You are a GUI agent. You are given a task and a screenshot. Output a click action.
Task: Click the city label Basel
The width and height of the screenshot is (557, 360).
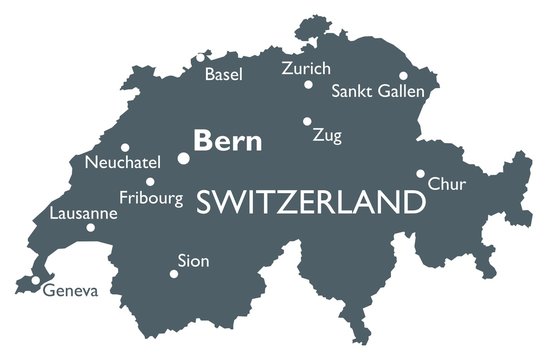point(224,74)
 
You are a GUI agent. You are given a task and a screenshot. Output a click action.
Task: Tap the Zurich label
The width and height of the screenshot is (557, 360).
point(306,68)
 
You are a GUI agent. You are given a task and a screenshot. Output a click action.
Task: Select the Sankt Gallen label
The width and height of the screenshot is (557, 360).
point(378,91)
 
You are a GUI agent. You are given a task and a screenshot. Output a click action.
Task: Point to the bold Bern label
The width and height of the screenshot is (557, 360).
point(228,141)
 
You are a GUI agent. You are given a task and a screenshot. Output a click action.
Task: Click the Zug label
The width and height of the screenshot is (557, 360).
point(327,135)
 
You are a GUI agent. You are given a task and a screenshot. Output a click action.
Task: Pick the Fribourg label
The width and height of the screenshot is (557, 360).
point(151,198)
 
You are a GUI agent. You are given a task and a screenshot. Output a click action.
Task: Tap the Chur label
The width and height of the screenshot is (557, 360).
point(446,184)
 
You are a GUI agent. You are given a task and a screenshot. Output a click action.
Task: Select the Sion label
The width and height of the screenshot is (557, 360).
point(193,261)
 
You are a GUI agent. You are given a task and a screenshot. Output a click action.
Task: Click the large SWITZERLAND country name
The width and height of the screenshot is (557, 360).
point(310,203)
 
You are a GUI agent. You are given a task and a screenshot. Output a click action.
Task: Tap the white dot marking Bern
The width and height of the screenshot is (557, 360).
point(183,158)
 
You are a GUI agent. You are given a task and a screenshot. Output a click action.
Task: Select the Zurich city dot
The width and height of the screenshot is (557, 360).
point(310,84)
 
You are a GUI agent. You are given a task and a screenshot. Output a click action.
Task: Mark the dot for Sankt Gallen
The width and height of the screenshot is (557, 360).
point(404,75)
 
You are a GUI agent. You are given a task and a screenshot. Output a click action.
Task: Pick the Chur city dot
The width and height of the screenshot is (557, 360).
point(421,173)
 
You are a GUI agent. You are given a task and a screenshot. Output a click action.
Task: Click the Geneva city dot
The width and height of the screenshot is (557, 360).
point(36,280)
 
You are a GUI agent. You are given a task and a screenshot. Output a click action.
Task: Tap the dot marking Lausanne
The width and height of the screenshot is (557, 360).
point(90,228)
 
